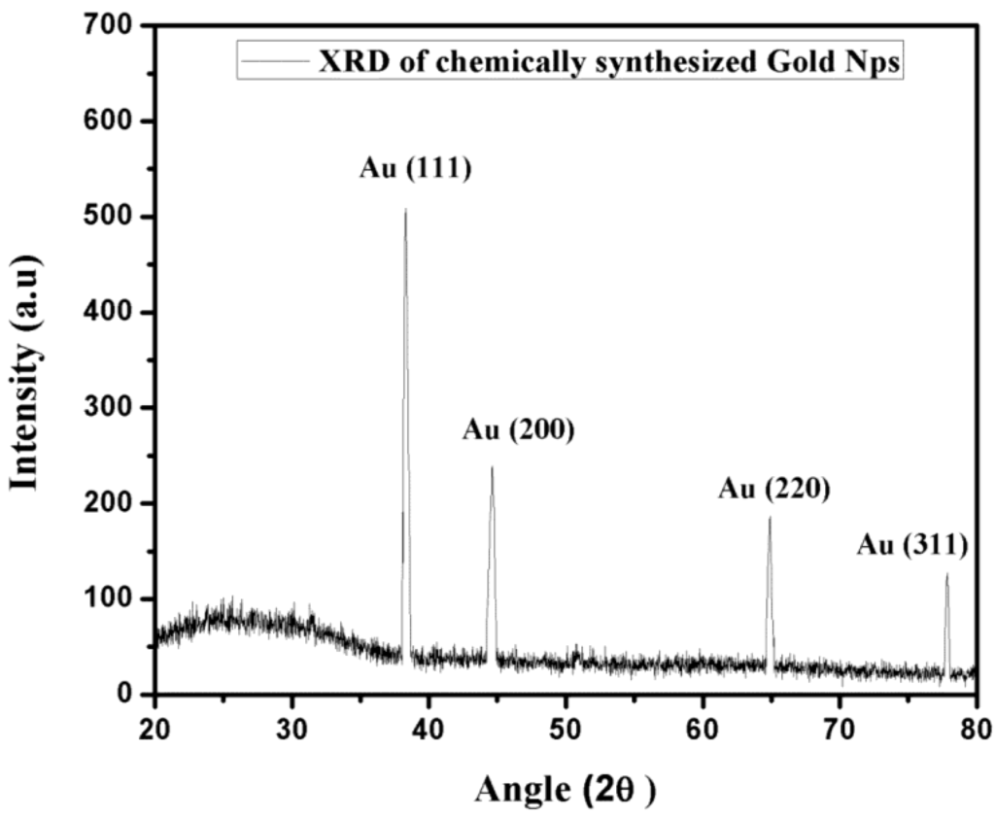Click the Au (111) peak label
tap(415, 169)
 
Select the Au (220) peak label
tap(774, 488)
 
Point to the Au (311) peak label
tap(912, 545)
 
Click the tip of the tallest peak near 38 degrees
tap(405, 209)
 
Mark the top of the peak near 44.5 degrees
tap(492, 467)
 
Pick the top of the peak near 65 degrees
tap(770, 517)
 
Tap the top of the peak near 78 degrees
tap(947, 574)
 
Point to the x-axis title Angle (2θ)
tap(565, 789)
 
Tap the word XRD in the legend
tap(353, 63)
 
